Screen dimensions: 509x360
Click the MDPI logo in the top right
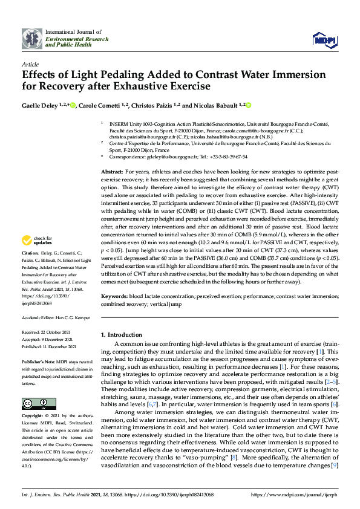324,40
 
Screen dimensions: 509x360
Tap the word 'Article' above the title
30,63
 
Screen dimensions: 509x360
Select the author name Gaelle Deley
39,106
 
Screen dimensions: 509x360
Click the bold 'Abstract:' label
113,172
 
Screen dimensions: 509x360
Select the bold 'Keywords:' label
114,297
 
